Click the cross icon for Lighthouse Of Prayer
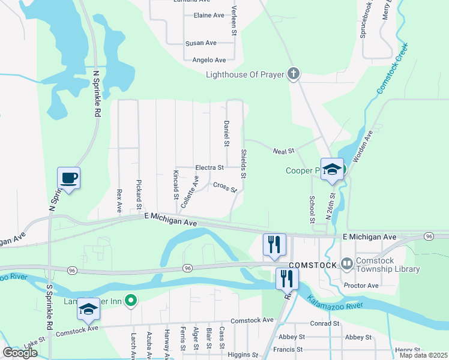click(x=294, y=75)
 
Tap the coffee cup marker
click(x=68, y=178)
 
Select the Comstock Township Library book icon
click(x=346, y=263)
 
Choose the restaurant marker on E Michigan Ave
click(x=274, y=244)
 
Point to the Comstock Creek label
click(x=392, y=67)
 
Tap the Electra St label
click(x=209, y=167)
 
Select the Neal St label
click(x=284, y=151)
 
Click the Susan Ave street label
click(x=200, y=43)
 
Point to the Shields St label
click(x=244, y=163)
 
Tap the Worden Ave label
click(x=363, y=148)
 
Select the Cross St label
click(x=224, y=187)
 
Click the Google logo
click(x=20, y=353)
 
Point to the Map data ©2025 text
click(x=423, y=356)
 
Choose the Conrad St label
click(x=325, y=323)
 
